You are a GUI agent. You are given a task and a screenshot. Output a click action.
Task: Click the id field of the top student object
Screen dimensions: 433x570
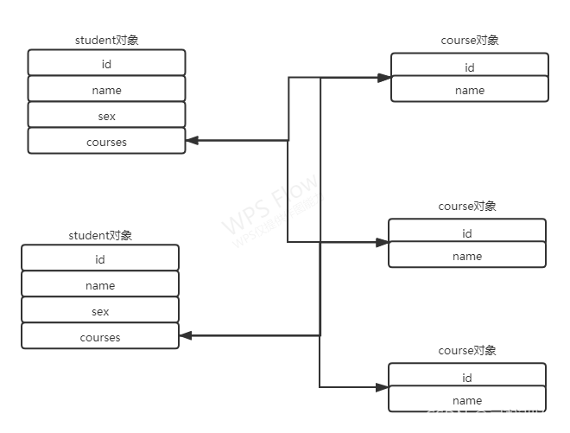pyautogui.click(x=106, y=63)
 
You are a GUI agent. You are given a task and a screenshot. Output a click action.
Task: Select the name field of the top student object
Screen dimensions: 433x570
pyautogui.click(x=106, y=89)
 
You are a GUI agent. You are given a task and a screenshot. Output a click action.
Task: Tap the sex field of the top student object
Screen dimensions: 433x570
pyautogui.click(x=106, y=115)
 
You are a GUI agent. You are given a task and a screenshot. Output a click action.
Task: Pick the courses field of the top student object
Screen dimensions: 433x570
pyautogui.click(x=106, y=141)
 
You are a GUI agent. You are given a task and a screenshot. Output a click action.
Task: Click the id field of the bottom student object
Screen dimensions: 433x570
pyautogui.click(x=100, y=258)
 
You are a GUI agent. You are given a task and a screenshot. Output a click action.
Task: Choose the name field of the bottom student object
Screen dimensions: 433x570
pyautogui.click(x=100, y=284)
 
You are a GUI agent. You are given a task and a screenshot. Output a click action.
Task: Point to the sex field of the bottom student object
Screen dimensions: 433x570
pyautogui.click(x=100, y=310)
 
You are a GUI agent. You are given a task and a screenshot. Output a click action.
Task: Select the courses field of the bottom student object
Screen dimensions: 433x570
pyautogui.click(x=100, y=336)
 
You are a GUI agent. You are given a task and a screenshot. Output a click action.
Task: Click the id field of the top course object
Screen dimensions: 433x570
pyautogui.click(x=470, y=67)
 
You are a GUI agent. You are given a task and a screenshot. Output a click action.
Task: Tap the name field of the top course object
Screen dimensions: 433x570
pyautogui.click(x=470, y=90)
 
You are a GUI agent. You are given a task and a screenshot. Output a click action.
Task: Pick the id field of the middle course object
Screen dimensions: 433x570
pyautogui.click(x=467, y=232)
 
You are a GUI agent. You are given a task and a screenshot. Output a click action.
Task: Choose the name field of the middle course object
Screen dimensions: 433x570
pyautogui.click(x=467, y=256)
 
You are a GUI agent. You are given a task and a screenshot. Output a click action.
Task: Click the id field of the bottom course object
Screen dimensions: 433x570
pyautogui.click(x=467, y=377)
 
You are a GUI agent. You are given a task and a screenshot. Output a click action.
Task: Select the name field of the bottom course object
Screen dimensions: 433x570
pyautogui.click(x=467, y=400)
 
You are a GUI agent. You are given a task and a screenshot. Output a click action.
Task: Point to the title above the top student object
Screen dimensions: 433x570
pyautogui.click(x=106, y=40)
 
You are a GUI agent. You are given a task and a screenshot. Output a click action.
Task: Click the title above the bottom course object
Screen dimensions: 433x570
pyautogui.click(x=467, y=351)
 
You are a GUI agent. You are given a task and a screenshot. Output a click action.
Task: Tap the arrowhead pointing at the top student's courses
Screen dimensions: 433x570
pyautogui.click(x=192, y=140)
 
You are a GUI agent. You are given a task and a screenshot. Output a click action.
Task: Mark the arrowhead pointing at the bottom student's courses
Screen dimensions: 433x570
pyautogui.click(x=186, y=335)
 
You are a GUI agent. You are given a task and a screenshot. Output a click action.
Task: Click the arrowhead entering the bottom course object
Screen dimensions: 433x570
pyautogui.click(x=383, y=387)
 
